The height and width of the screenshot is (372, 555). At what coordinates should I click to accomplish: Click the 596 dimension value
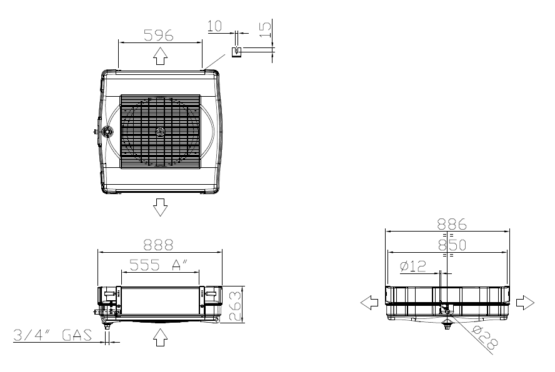[159, 35]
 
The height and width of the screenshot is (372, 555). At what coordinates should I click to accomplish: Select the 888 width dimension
[158, 245]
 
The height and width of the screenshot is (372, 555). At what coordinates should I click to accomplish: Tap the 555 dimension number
[145, 265]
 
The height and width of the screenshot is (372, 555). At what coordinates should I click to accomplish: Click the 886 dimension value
[452, 224]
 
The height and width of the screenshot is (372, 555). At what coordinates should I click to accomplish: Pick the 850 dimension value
[452, 245]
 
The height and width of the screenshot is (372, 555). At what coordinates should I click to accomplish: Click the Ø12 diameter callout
[412, 266]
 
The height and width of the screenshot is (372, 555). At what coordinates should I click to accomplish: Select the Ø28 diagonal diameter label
[485, 338]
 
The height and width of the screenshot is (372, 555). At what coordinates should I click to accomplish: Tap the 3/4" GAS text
[52, 335]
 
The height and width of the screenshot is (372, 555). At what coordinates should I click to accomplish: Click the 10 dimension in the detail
[214, 26]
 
